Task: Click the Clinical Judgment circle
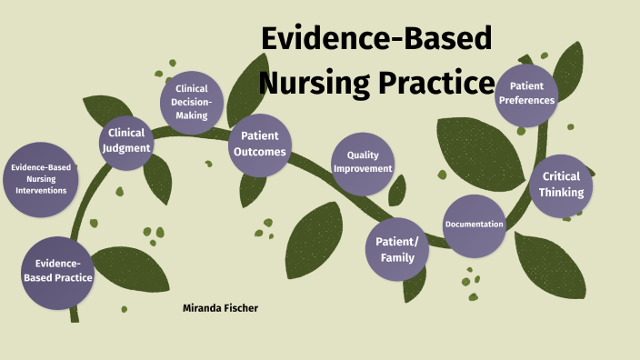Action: pos(126,142)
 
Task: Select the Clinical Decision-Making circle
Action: pos(192,102)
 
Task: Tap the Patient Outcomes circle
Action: pos(259,144)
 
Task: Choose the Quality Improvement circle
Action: pos(363,162)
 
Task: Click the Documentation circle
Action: pos(474,225)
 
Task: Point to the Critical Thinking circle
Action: pos(561,185)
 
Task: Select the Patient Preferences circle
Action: pos(526,94)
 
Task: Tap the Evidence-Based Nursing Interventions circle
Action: pos(40,179)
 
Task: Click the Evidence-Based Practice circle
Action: pos(57,271)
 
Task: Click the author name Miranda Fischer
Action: pos(221,309)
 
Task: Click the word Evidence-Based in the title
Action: pos(376,40)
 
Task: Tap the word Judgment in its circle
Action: pos(126,148)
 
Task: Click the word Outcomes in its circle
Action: pos(259,152)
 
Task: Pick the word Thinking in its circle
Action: pos(561,193)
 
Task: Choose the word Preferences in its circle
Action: pos(526,100)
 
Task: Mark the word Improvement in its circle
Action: pos(363,168)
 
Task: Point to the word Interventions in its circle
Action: pos(40,190)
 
